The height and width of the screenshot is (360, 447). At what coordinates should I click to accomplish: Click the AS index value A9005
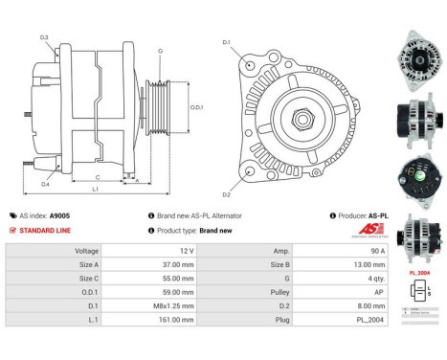click(65, 216)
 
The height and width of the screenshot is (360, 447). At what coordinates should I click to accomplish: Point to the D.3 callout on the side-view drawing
click(44, 36)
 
